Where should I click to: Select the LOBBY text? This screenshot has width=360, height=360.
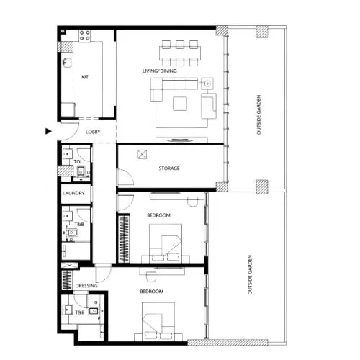pyautogui.click(x=92, y=132)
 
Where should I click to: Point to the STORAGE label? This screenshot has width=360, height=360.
pyautogui.click(x=169, y=168)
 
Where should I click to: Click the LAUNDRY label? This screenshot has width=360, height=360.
pyautogui.click(x=74, y=194)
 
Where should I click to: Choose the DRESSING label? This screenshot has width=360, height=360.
pyautogui.click(x=86, y=286)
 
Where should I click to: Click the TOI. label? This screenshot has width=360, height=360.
pyautogui.click(x=77, y=161)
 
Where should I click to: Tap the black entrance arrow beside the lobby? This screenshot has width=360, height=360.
pyautogui.click(x=48, y=131)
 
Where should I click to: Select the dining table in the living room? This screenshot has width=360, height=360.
pyautogui.click(x=179, y=50)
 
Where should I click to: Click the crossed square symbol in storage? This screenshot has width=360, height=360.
pyautogui.click(x=142, y=153)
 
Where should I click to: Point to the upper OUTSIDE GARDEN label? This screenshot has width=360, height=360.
pyautogui.click(x=260, y=112)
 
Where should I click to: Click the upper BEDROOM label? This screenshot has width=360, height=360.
pyautogui.click(x=158, y=215)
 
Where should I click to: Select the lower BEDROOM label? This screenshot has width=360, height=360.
pyautogui.click(x=151, y=291)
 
